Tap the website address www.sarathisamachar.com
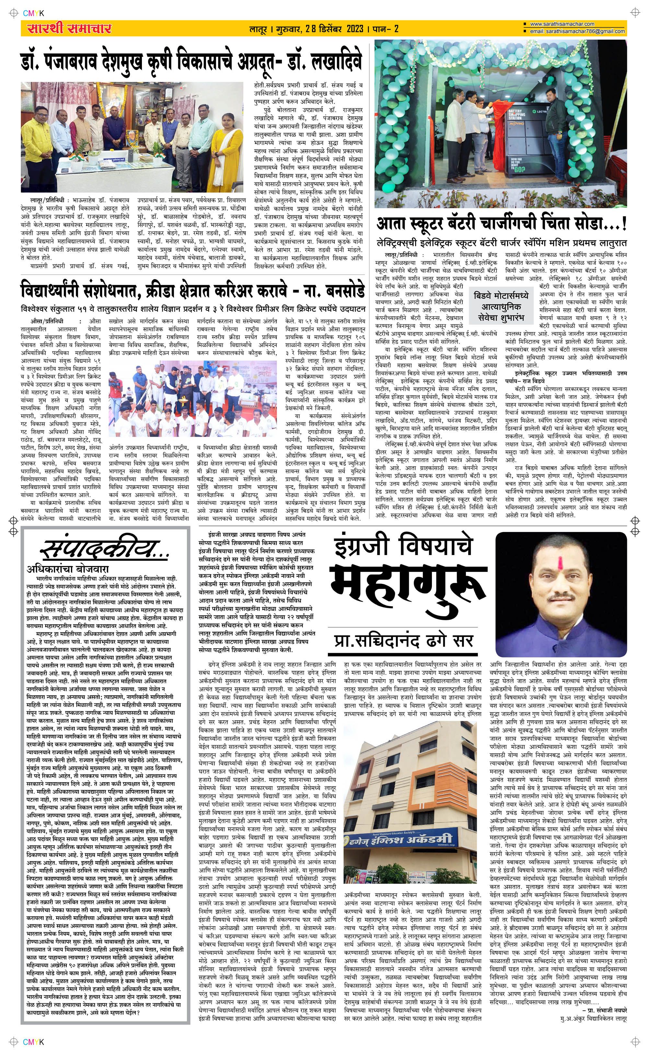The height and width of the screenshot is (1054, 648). click(x=562, y=24)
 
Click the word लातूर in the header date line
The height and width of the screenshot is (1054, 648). click(x=259, y=29)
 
